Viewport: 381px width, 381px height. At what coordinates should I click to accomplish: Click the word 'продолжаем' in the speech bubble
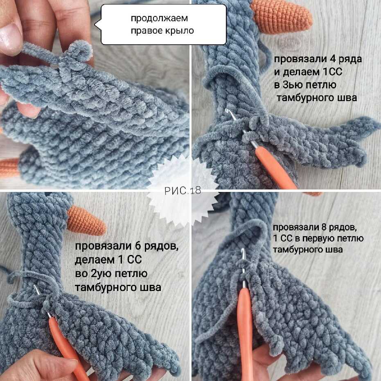point(160,18)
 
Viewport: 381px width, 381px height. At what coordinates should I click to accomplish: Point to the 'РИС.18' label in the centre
point(183,191)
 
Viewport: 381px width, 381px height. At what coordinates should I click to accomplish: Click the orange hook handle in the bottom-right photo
point(245,333)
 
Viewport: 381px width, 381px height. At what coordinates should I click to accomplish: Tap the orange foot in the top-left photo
point(10,168)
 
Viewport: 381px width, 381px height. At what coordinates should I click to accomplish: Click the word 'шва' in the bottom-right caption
point(334,250)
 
